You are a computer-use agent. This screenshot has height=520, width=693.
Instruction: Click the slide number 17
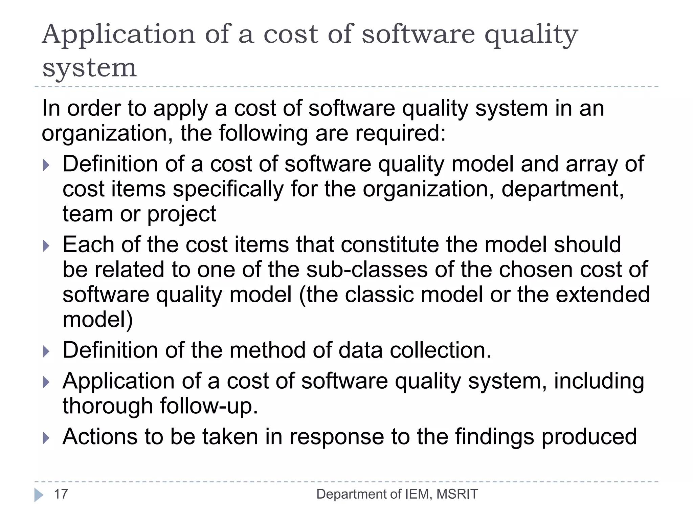click(61, 494)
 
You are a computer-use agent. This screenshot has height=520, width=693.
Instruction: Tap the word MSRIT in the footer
click(457, 494)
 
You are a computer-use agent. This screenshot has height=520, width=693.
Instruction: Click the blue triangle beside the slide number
click(39, 495)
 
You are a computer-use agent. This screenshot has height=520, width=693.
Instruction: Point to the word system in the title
click(89, 68)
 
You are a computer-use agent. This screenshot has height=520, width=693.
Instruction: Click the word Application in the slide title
click(119, 35)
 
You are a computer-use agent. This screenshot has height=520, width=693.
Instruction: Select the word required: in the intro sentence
click(400, 133)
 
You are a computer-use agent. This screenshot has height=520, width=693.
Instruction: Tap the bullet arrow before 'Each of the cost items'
click(46, 245)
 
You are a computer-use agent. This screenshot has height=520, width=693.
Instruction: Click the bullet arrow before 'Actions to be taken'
click(46, 438)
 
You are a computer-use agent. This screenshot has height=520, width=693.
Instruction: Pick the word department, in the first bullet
click(562, 189)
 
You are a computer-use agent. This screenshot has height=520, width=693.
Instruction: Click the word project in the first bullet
click(182, 214)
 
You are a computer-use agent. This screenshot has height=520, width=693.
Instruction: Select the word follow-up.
click(209, 406)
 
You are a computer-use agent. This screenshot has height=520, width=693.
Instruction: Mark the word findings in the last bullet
click(494, 437)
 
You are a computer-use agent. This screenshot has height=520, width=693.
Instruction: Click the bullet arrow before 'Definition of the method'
click(46, 351)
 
